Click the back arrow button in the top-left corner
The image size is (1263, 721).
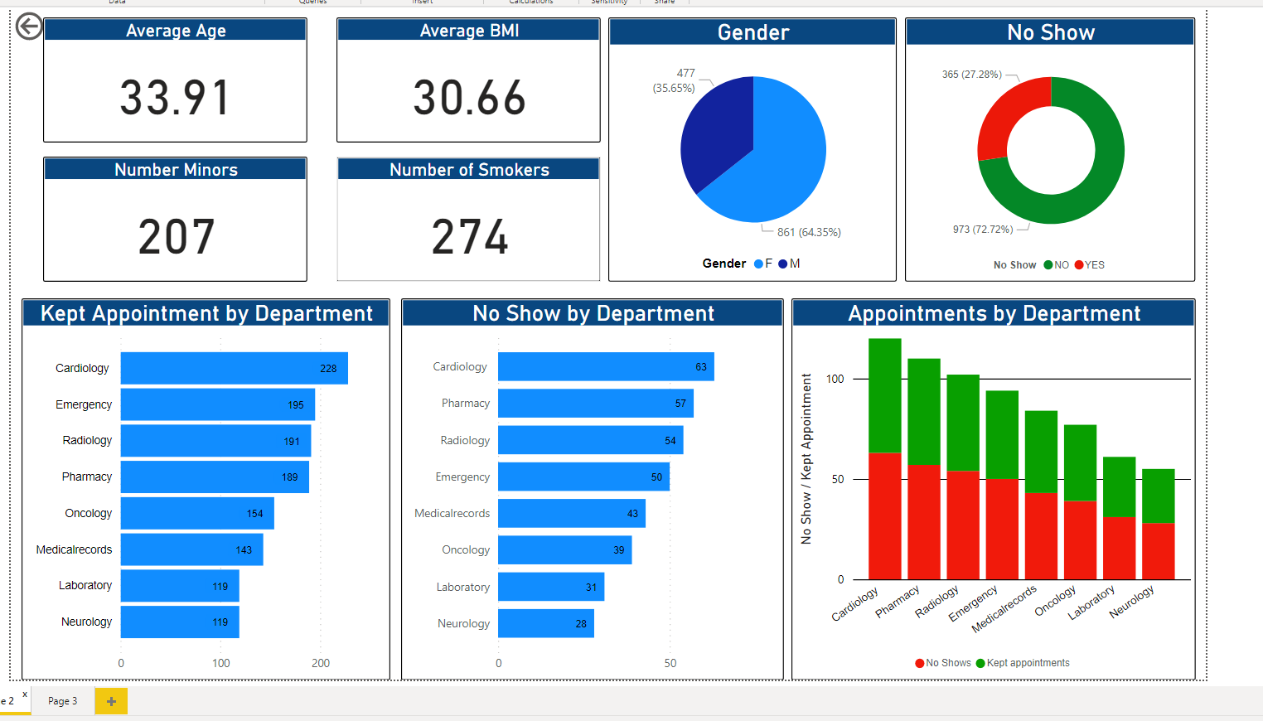click(29, 27)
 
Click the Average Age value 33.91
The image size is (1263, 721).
click(175, 98)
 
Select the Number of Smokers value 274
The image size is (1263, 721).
click(469, 237)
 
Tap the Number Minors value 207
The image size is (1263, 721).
click(176, 237)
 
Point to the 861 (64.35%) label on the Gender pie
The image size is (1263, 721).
click(808, 232)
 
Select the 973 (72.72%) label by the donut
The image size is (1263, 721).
click(982, 230)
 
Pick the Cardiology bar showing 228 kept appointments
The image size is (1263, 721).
click(234, 368)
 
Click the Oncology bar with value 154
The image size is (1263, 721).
click(197, 513)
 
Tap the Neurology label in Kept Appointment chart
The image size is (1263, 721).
click(86, 622)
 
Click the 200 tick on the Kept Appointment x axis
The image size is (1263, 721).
click(321, 663)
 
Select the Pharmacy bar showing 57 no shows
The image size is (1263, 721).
click(595, 404)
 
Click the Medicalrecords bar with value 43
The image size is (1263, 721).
click(571, 513)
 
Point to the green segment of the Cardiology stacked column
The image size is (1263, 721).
click(884, 395)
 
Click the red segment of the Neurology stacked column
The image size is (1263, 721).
click(1158, 551)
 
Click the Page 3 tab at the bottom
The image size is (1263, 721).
click(63, 701)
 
